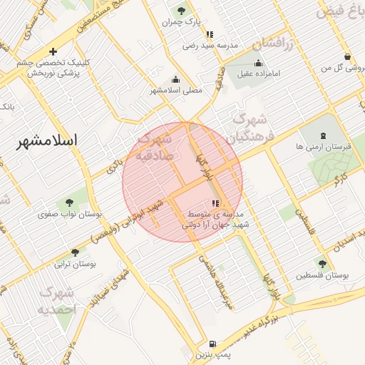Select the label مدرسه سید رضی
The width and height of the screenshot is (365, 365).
(x=209, y=45)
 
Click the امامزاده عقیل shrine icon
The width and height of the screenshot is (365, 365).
(x=257, y=63)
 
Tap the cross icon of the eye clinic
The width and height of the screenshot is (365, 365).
(x=53, y=51)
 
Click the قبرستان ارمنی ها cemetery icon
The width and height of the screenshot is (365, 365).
(x=324, y=135)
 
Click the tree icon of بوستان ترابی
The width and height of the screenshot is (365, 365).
(x=75, y=252)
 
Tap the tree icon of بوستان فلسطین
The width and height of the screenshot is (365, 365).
(x=322, y=263)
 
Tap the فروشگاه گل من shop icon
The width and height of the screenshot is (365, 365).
(x=347, y=57)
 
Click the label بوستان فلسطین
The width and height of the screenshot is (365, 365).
(x=322, y=274)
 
